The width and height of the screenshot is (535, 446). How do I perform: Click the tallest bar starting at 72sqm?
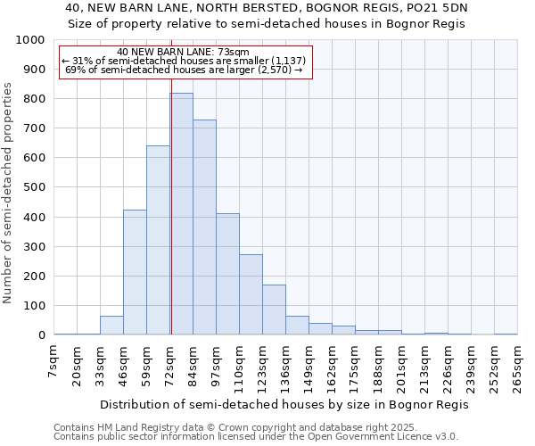[181, 214]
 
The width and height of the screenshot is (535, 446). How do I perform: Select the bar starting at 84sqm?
[204, 227]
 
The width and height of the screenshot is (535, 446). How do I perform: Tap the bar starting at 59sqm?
[158, 240]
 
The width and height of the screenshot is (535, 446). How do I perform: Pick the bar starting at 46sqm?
[135, 272]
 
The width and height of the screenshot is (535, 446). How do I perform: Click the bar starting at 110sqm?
[251, 294]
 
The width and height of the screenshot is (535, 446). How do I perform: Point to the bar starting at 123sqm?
[274, 310]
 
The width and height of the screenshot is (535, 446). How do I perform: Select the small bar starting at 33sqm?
[111, 326]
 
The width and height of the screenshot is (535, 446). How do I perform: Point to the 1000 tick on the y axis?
[30, 40]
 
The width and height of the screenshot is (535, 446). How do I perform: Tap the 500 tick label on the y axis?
[34, 187]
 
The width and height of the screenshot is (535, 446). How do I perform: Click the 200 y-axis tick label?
[34, 277]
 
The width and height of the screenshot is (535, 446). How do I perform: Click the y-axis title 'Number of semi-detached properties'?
[10, 192]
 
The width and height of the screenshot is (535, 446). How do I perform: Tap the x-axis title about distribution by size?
[284, 404]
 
